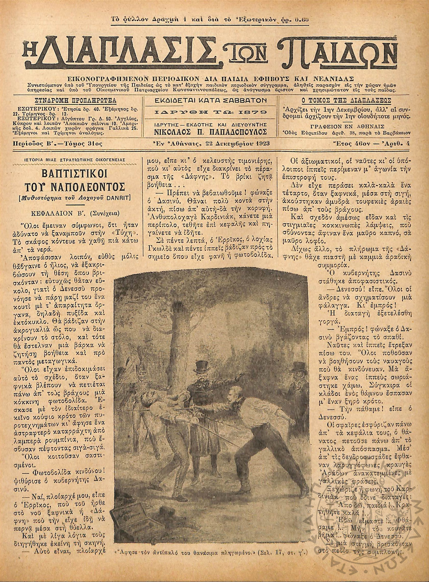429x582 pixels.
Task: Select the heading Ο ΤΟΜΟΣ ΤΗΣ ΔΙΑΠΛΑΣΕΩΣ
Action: coord(345,100)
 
